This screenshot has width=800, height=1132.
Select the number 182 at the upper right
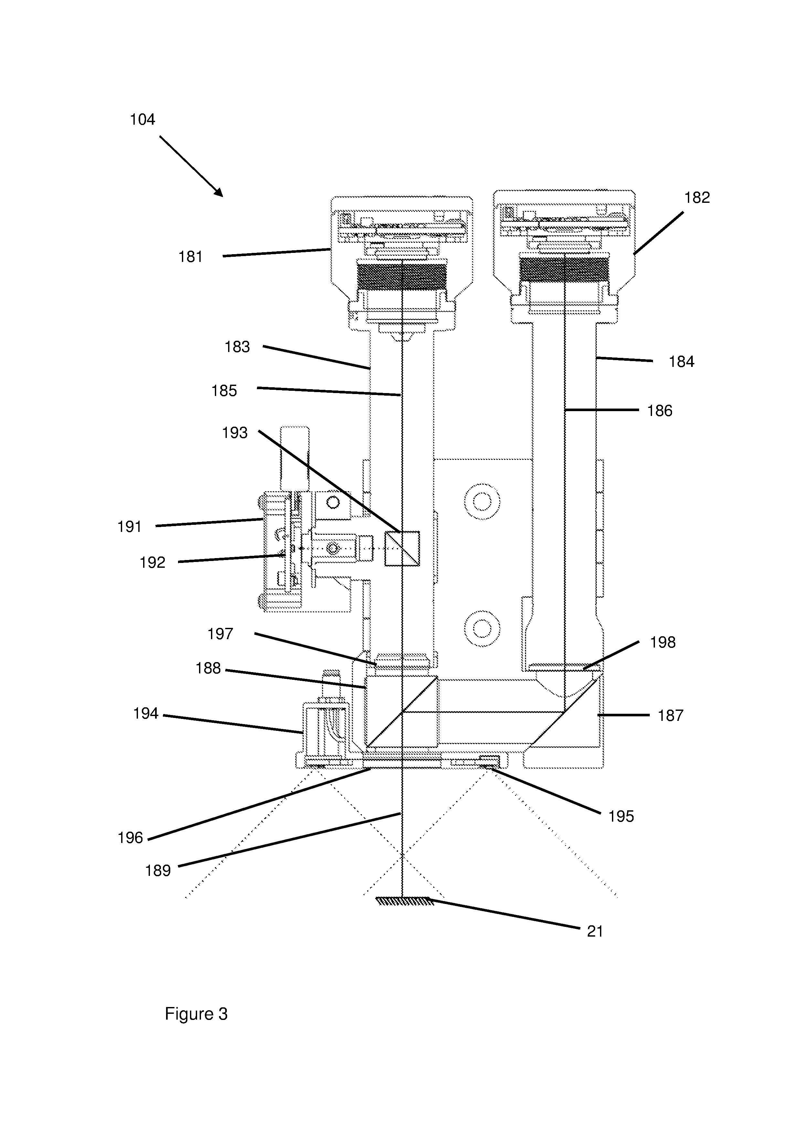697,198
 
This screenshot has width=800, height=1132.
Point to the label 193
235,433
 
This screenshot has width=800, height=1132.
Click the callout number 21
595,931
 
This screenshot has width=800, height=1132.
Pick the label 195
621,816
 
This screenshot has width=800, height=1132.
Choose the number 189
158,871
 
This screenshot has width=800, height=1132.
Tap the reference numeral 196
130,838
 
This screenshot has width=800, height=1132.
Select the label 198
663,642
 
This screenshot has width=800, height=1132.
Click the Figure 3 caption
196,1014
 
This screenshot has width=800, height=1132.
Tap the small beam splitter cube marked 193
402,548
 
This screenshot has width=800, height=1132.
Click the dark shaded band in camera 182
564,271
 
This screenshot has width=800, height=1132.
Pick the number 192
153,563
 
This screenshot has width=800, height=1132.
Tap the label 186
660,411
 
